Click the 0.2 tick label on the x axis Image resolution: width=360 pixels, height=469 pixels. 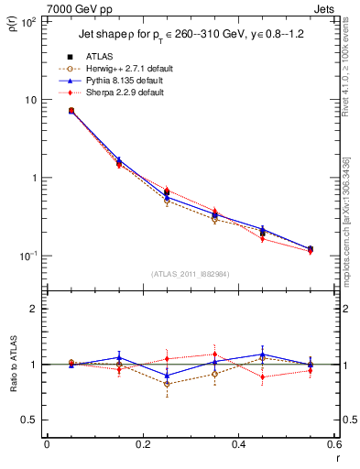[x=142, y=445]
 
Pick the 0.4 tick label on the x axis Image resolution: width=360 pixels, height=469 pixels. [x=237, y=445]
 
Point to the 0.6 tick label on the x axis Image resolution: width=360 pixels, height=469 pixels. [x=333, y=445]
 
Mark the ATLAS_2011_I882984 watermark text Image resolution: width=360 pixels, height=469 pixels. [x=190, y=275]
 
